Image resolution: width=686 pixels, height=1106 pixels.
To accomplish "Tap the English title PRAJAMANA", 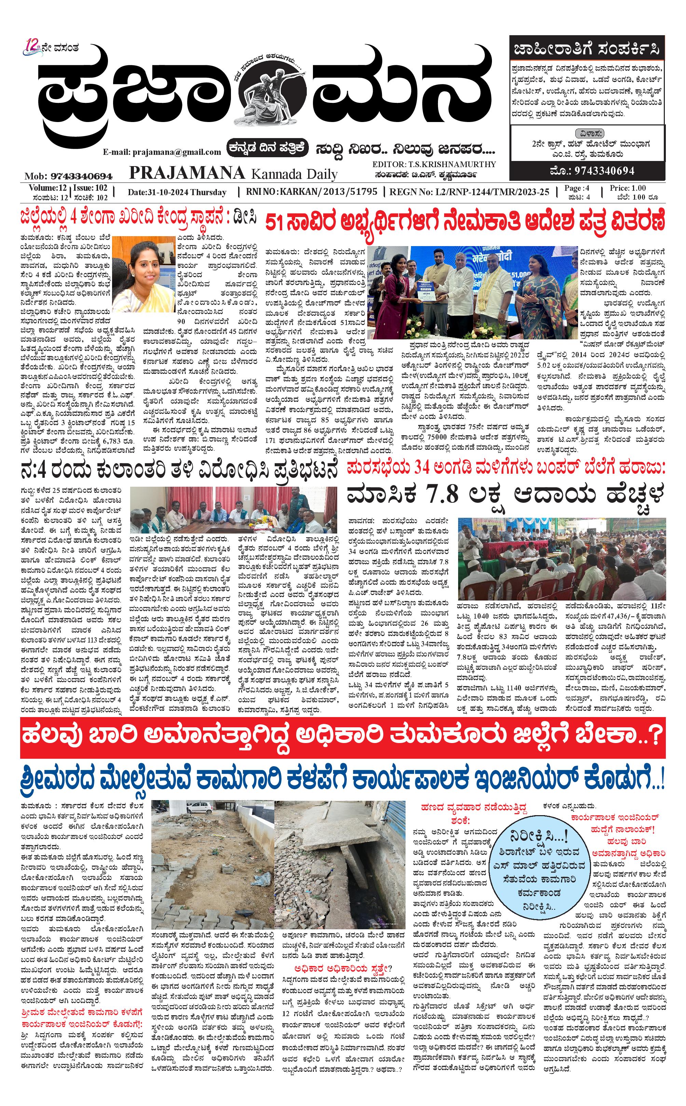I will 187,173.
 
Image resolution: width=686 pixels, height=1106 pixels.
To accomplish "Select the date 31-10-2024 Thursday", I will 177,192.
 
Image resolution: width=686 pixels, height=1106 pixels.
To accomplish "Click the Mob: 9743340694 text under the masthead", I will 69,176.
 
